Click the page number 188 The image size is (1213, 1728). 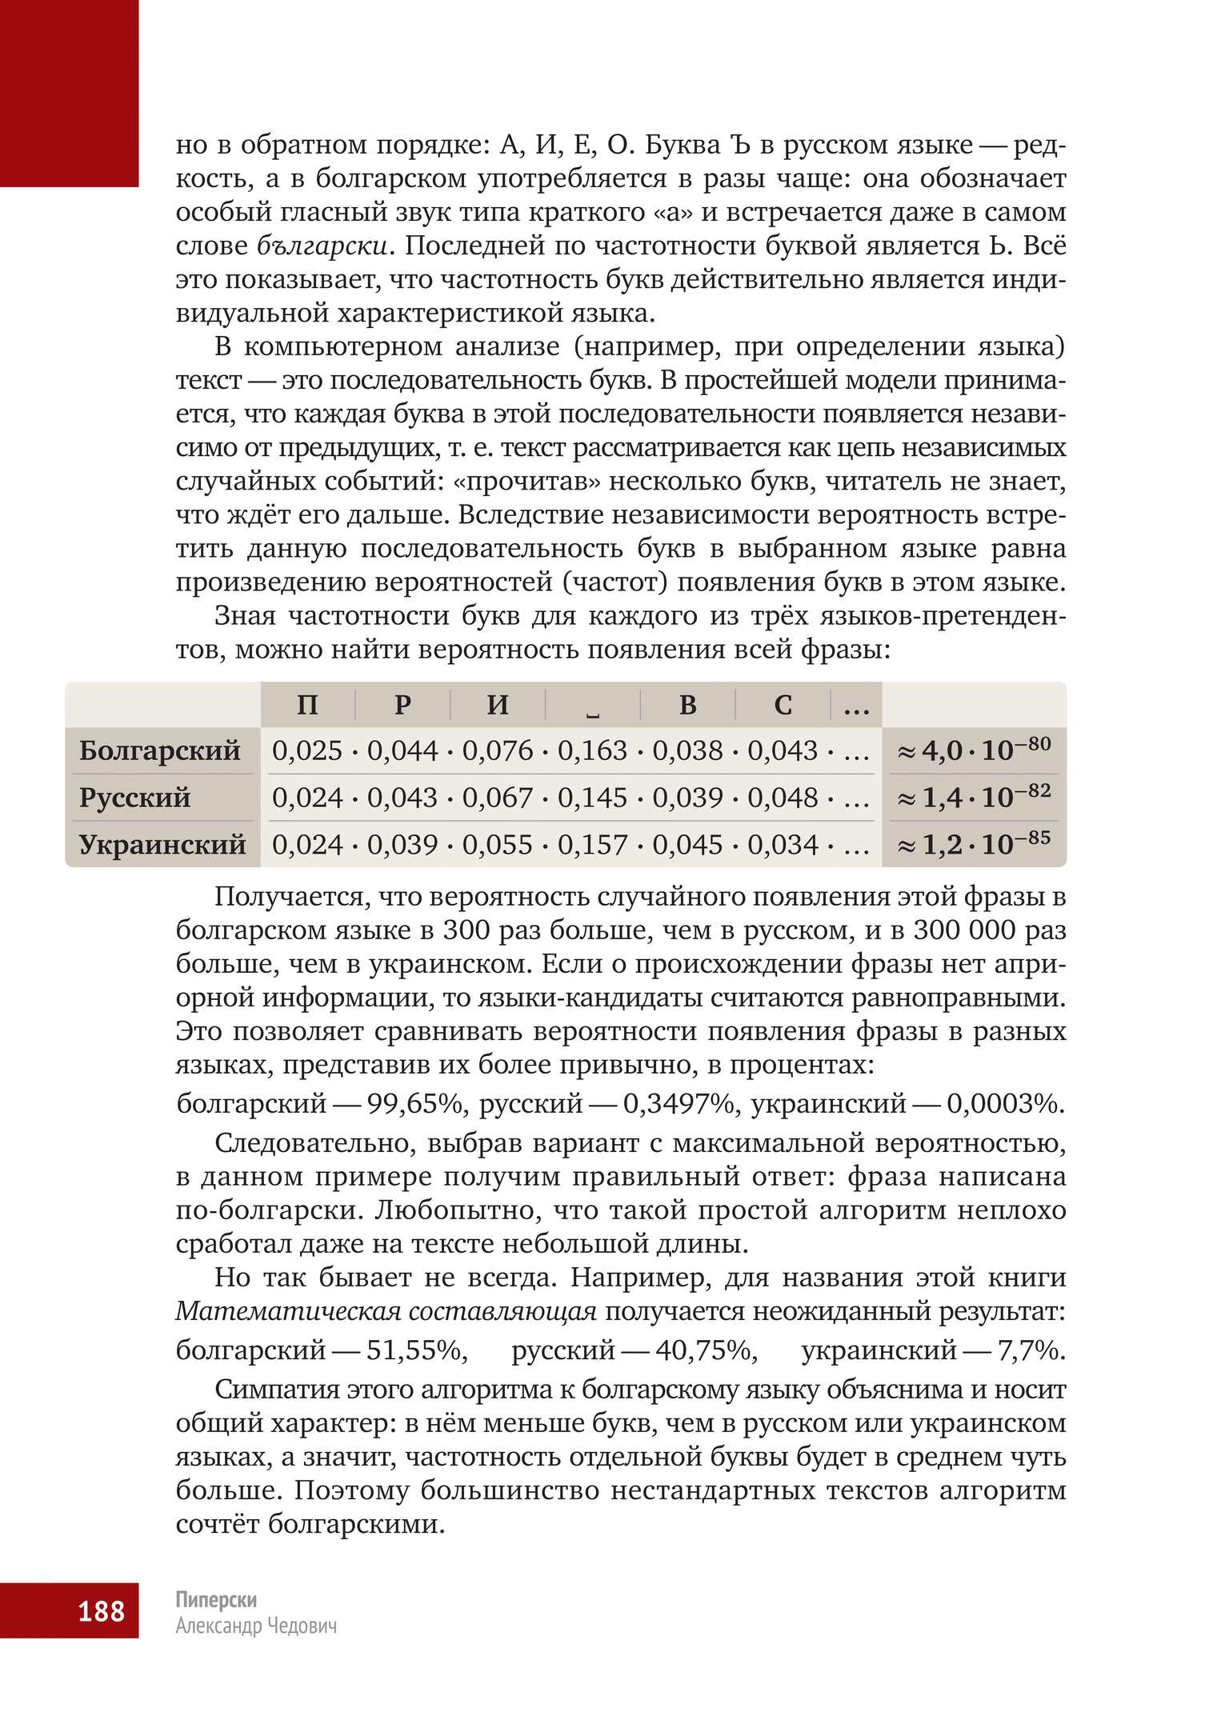[101, 1610]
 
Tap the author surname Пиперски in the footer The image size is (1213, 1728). [216, 1599]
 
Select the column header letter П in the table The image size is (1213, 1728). [307, 705]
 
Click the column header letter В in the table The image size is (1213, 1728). [687, 705]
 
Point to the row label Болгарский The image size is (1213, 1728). [160, 750]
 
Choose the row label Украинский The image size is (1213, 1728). [162, 845]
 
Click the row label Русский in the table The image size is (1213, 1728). [134, 798]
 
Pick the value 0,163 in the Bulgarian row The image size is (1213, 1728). [592, 750]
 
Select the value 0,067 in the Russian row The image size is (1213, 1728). [497, 798]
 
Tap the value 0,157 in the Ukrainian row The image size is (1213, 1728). [592, 845]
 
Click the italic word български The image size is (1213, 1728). [323, 246]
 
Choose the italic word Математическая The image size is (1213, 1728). [287, 1311]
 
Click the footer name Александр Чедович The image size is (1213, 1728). [256, 1626]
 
